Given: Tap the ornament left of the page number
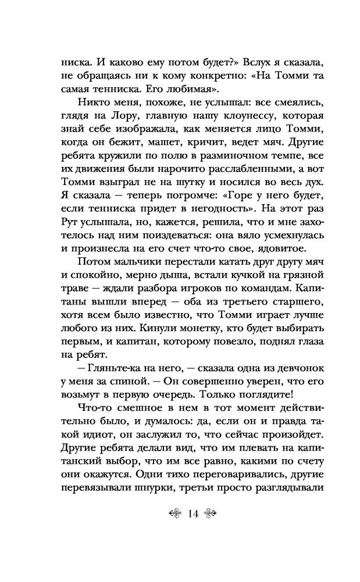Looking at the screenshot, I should coord(173,513).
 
